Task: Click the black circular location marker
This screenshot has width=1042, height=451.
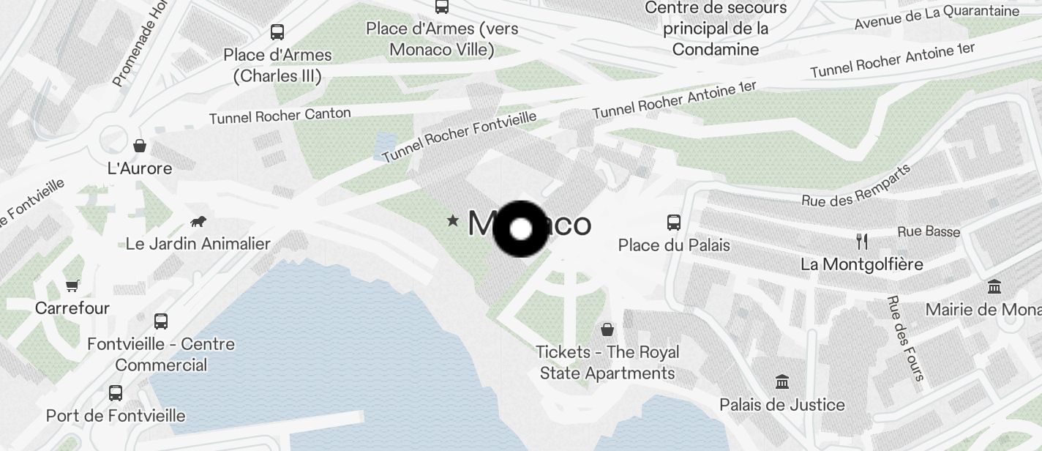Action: coord(520,229)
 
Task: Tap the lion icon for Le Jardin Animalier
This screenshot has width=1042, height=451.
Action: coord(198,221)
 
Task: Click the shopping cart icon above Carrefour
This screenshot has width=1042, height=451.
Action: coord(72,286)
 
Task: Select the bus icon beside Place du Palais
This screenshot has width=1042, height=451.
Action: coord(674,222)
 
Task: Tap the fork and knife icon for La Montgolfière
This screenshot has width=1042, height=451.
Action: coord(862,242)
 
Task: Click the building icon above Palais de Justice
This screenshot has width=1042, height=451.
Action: coord(782,382)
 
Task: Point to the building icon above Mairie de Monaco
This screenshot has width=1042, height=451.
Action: coord(994,286)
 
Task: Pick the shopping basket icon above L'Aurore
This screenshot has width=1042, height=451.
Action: coord(140,146)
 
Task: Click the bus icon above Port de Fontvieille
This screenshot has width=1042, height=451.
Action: coord(116,393)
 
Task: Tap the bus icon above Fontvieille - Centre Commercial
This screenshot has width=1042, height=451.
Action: coord(161,321)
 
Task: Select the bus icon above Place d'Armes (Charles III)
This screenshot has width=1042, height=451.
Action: coord(277,32)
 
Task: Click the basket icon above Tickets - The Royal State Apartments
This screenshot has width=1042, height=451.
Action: coord(607,329)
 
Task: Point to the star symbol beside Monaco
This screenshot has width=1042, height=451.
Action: coord(454,220)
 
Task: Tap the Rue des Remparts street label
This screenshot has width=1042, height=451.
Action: coord(856,185)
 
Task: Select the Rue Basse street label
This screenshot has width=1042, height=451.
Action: coord(929,231)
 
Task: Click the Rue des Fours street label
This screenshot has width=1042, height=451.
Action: coord(906,338)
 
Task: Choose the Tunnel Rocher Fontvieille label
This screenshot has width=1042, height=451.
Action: coord(459,136)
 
